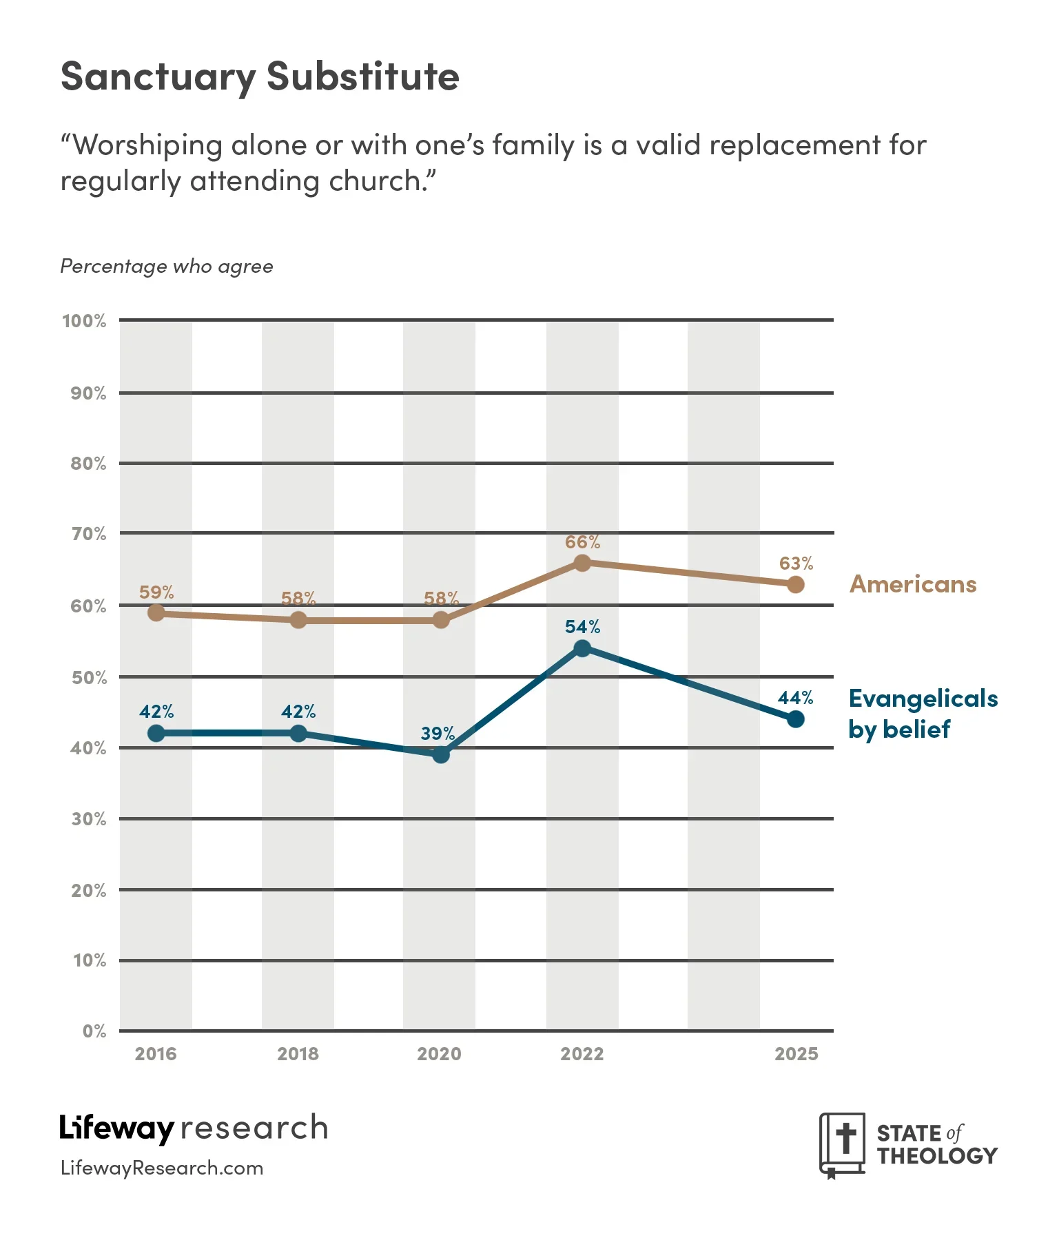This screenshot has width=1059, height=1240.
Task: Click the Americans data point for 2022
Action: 582,563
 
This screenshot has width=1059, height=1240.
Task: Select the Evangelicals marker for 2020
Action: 441,754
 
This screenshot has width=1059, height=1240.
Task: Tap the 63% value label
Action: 796,564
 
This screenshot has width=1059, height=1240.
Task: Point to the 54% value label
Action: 582,627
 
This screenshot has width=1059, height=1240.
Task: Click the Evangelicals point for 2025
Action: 796,719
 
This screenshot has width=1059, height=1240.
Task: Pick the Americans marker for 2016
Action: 156,612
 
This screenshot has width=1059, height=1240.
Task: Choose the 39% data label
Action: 438,733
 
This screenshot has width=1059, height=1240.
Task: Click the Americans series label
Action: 913,584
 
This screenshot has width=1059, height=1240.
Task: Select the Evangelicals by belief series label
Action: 923,714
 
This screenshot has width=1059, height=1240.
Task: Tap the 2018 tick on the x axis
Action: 298,1054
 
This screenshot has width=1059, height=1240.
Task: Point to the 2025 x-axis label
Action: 796,1054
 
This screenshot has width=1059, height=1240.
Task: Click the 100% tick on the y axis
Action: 84,321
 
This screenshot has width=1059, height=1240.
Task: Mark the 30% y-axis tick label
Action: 89,819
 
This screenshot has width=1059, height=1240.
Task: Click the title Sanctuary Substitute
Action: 260,76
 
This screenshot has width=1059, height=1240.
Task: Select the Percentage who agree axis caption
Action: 167,267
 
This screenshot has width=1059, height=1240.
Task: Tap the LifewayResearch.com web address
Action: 162,1168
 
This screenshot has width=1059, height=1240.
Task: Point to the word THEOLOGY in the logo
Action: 937,1156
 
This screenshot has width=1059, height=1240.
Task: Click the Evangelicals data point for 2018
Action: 298,733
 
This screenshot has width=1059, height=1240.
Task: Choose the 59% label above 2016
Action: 156,592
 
